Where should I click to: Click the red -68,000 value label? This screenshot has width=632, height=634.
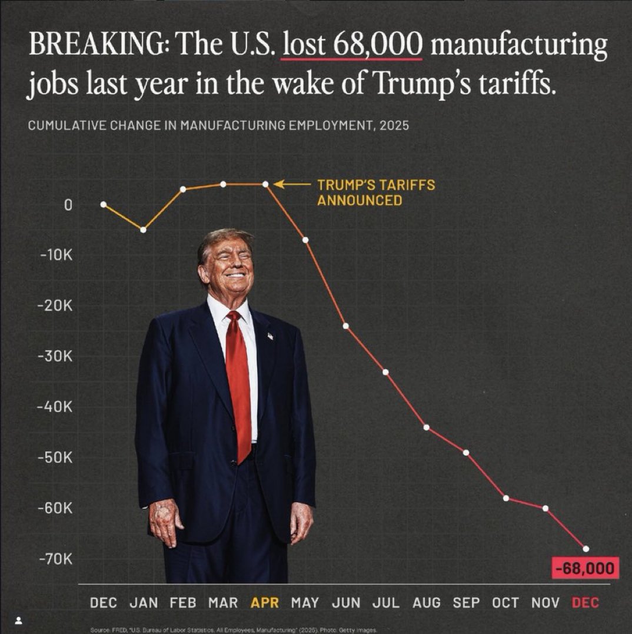[586, 569]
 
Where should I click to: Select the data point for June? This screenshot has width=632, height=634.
[345, 326]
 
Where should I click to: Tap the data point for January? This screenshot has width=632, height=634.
[143, 230]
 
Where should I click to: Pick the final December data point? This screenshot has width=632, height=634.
[586, 549]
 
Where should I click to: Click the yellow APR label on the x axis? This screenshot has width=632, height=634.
[265, 603]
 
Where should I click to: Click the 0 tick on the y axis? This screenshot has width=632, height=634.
[68, 205]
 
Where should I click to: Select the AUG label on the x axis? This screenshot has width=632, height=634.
[426, 603]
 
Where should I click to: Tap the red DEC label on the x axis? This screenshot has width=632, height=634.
[585, 603]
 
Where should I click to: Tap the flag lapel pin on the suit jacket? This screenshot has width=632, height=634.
[270, 336]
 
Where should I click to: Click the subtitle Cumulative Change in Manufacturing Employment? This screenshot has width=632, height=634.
[218, 127]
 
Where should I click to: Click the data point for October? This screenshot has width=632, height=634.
[506, 498]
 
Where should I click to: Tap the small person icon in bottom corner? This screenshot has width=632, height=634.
[19, 620]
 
